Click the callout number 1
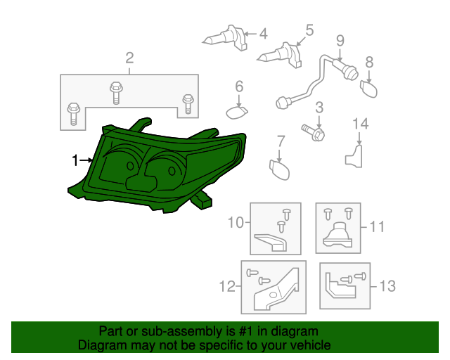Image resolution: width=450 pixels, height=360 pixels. tap(75, 161)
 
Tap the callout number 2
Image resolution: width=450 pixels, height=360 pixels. tap(129, 58)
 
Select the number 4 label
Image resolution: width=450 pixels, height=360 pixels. tap(263, 33)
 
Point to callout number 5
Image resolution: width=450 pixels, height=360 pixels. tap(309, 30)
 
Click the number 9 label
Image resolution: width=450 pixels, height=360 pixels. tap(340, 40)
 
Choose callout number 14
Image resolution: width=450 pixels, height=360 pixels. tap(360, 124)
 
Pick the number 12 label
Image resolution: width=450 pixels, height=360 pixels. tap(226, 286)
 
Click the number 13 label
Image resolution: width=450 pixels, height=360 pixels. tap(388, 286)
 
